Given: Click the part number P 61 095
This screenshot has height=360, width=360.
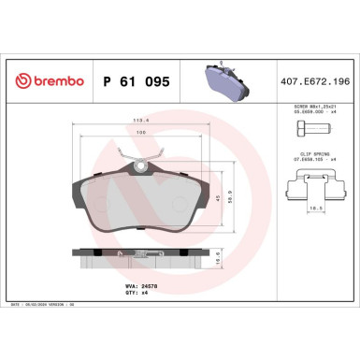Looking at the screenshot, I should pos(135,81).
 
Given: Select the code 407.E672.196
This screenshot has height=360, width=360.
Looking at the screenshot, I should pos(315,81).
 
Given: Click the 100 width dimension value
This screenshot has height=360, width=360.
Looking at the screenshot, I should pos(141,133).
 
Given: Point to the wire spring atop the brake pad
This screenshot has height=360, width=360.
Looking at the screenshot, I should pos(137,159).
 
